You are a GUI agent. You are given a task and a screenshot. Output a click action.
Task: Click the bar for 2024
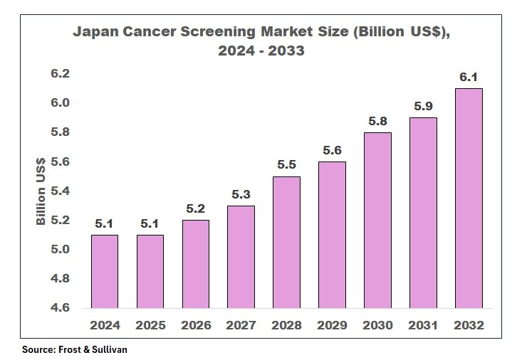click(x=105, y=271)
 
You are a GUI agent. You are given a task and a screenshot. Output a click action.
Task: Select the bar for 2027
click(x=241, y=257)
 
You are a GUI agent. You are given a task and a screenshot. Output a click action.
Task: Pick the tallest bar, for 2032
click(x=469, y=198)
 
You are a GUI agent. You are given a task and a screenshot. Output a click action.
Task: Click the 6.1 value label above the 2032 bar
click(x=469, y=77)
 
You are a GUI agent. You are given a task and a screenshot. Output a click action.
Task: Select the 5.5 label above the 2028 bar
click(x=287, y=165)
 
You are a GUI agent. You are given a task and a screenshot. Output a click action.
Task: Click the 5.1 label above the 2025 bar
click(x=150, y=223)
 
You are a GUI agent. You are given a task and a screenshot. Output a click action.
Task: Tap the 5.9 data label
click(x=424, y=107)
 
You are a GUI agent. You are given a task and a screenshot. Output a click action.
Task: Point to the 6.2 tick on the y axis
click(x=60, y=74)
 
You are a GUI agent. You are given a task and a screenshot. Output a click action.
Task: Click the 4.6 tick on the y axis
click(x=60, y=308)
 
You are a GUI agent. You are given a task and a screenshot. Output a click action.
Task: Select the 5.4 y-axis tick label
click(x=60, y=191)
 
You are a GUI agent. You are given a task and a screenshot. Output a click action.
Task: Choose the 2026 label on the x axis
click(x=196, y=325)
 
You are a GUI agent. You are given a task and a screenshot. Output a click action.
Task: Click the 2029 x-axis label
click(x=333, y=325)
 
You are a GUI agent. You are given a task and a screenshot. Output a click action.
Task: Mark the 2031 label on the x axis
click(x=424, y=325)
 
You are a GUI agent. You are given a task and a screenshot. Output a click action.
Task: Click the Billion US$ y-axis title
click(x=41, y=191)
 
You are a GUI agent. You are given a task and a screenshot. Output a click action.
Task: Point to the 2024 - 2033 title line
click(x=261, y=51)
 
